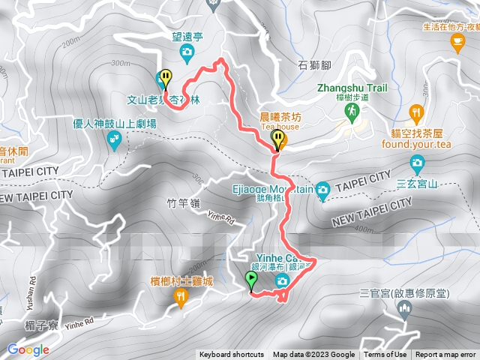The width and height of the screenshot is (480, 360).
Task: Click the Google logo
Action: [28, 349]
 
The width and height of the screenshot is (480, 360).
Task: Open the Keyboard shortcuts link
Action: [232, 355]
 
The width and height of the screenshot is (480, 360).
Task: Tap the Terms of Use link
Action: [385, 355]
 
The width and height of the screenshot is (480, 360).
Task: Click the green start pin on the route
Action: [250, 281]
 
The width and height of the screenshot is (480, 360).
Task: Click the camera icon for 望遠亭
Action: [187, 51]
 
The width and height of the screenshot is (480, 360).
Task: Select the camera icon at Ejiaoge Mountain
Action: [322, 189]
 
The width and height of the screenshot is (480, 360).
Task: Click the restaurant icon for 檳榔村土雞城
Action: [181, 298]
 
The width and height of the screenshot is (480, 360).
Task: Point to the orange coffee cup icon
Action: [457, 43]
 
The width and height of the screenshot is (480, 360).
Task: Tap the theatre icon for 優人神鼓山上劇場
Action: [114, 139]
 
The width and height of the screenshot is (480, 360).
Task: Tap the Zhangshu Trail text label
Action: [352, 88]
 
